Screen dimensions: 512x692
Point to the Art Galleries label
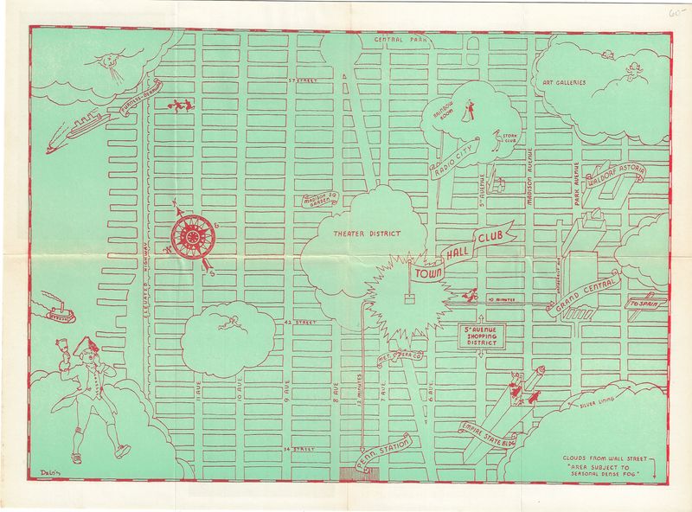(564, 83)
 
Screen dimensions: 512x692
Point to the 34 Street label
(299, 449)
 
